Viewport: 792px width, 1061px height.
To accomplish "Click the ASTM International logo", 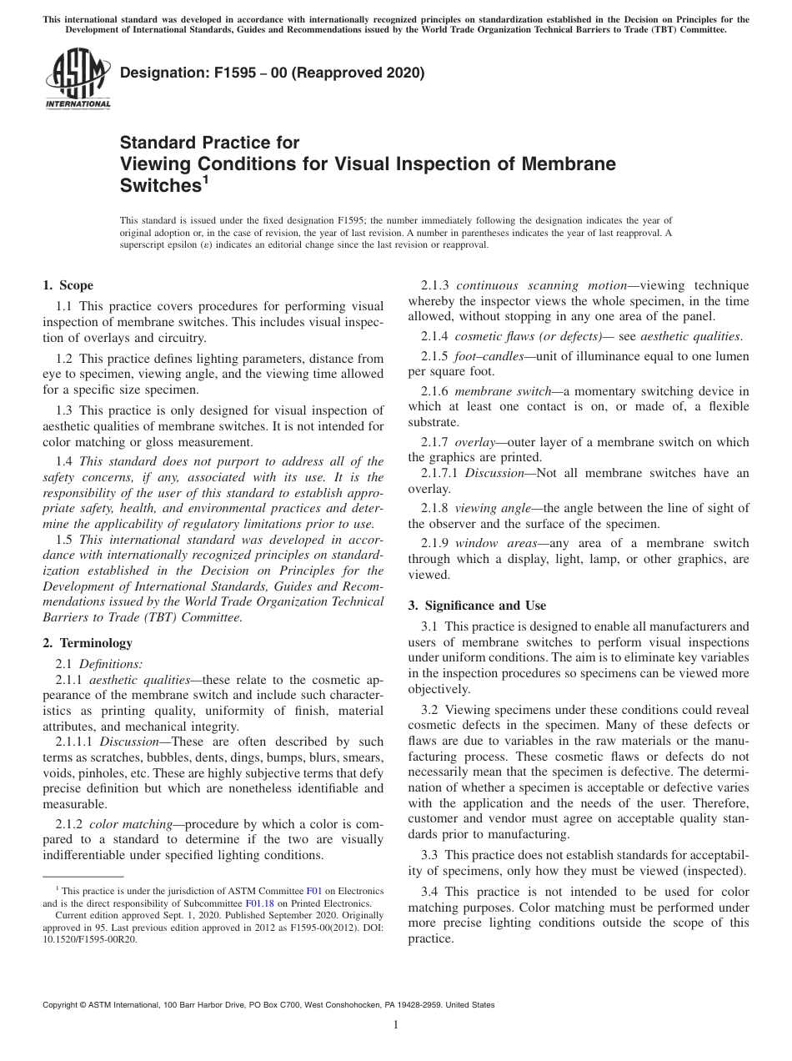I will (77, 80).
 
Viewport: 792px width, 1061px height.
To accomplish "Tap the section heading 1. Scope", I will (68, 285).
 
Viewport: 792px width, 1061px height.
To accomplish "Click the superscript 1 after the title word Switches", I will (205, 177).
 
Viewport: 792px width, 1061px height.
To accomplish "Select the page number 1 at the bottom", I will (396, 1025).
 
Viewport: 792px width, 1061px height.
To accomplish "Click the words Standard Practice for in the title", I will (210, 143).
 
